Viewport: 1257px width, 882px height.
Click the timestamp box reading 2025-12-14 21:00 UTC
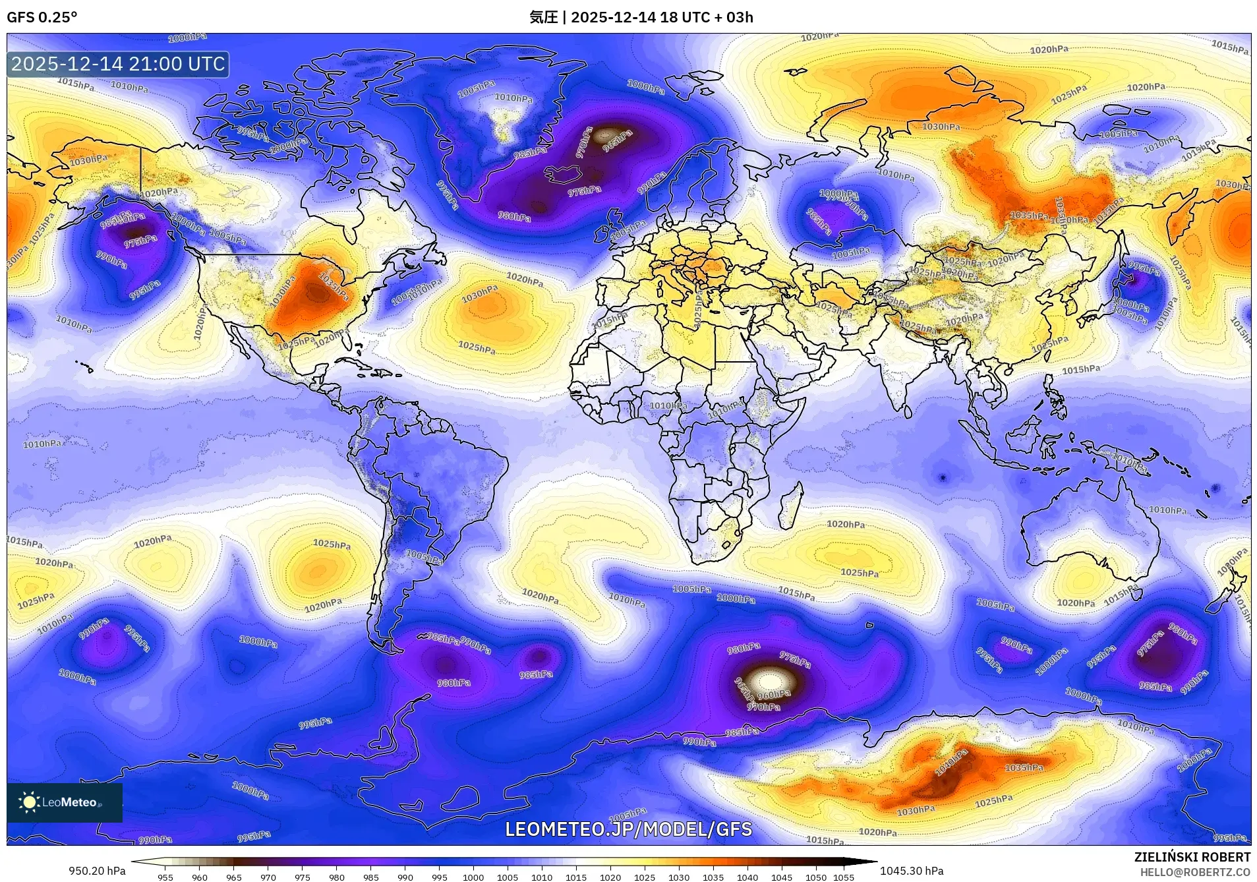pyautogui.click(x=118, y=64)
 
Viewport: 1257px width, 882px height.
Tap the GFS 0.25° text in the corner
pyautogui.click(x=42, y=17)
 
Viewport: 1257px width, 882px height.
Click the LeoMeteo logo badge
pyautogui.click(x=65, y=802)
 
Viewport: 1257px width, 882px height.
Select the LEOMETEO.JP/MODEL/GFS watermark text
pyautogui.click(x=628, y=829)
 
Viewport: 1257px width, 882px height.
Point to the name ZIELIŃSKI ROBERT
pyautogui.click(x=1192, y=857)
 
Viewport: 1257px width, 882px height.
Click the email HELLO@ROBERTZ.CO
pyautogui.click(x=1195, y=871)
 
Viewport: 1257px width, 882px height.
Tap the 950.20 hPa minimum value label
pyautogui.click(x=97, y=871)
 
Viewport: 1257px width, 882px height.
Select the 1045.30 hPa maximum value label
pyautogui.click(x=911, y=871)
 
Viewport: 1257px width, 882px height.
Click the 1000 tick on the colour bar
pyautogui.click(x=473, y=877)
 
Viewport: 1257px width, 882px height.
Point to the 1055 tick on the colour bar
pyautogui.click(x=843, y=877)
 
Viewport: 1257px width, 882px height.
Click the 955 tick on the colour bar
pyautogui.click(x=165, y=877)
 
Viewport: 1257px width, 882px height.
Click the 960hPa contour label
pyautogui.click(x=773, y=694)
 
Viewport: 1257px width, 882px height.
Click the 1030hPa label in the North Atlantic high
pyautogui.click(x=479, y=295)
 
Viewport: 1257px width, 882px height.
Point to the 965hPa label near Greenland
pyautogui.click(x=618, y=140)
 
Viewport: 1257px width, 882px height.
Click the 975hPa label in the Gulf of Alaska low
pyautogui.click(x=140, y=242)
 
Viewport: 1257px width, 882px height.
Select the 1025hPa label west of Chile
pyautogui.click(x=332, y=544)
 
